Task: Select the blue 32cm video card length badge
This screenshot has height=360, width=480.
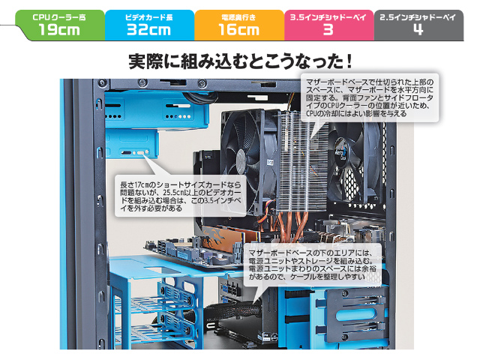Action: click(x=149, y=25)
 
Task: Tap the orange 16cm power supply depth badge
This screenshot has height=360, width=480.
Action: click(x=239, y=25)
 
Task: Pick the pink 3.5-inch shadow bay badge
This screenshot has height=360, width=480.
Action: click(x=328, y=25)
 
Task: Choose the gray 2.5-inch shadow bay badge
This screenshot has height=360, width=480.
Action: click(x=418, y=25)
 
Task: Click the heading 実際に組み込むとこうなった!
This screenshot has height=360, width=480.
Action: click(x=241, y=61)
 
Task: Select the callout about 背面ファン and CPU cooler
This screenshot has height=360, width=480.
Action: click(x=370, y=97)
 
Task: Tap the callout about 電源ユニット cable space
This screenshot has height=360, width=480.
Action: click(x=313, y=265)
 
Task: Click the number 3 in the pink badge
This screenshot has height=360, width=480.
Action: click(x=328, y=30)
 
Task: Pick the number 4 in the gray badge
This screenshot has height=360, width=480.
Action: click(x=418, y=30)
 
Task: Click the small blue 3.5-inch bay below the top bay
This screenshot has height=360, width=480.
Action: click(x=132, y=144)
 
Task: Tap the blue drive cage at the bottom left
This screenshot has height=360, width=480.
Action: click(x=156, y=303)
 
